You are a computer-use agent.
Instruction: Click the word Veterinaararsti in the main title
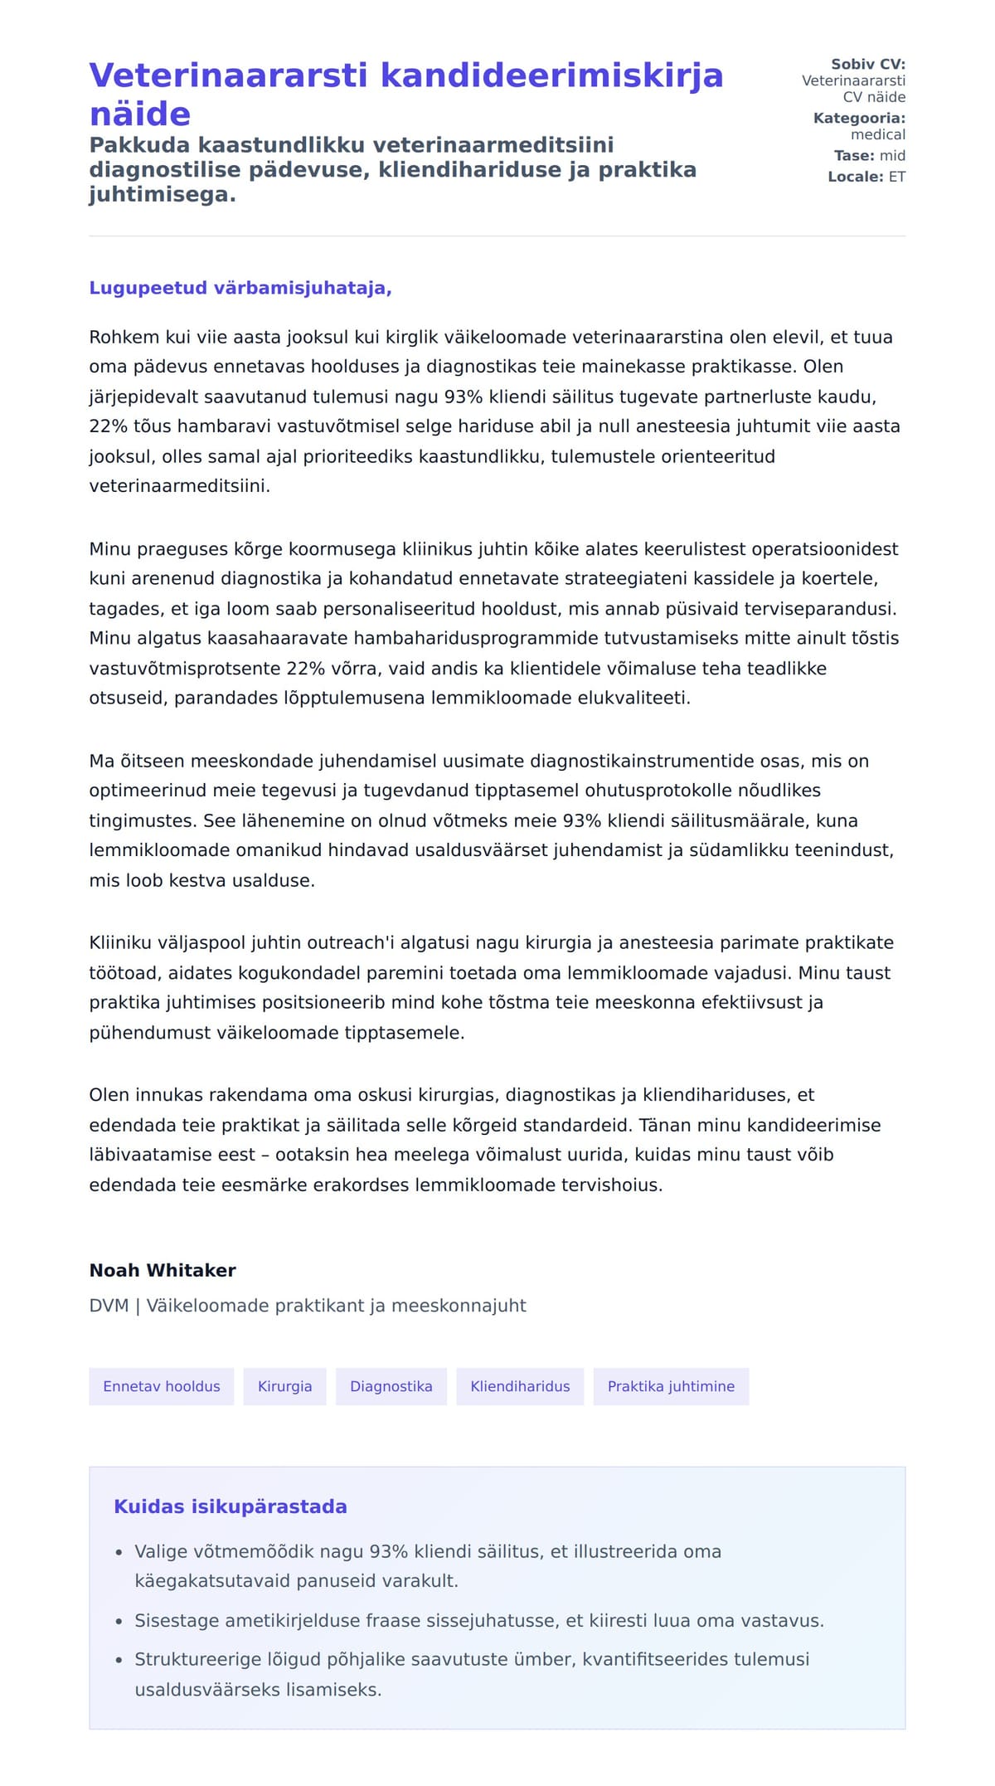coord(228,75)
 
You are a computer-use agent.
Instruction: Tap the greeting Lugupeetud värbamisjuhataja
coord(240,288)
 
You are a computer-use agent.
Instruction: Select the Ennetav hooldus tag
coord(162,1386)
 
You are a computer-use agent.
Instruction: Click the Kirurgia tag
coord(284,1386)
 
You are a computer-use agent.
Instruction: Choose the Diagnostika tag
coord(391,1386)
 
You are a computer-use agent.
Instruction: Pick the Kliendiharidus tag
coord(520,1386)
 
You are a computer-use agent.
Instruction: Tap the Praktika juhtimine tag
coord(671,1386)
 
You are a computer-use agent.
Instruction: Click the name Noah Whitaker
coord(163,1270)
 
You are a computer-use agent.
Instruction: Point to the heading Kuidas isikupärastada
coord(231,1506)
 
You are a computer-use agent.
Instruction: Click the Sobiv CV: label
coord(868,64)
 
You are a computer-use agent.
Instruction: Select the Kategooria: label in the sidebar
coord(859,118)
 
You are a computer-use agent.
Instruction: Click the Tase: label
coord(854,155)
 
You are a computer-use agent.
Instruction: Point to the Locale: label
coord(856,177)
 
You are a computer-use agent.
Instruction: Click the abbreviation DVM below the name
coord(109,1306)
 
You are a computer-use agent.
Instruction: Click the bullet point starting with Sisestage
coord(479,1620)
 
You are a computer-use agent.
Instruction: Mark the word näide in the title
coord(140,114)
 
